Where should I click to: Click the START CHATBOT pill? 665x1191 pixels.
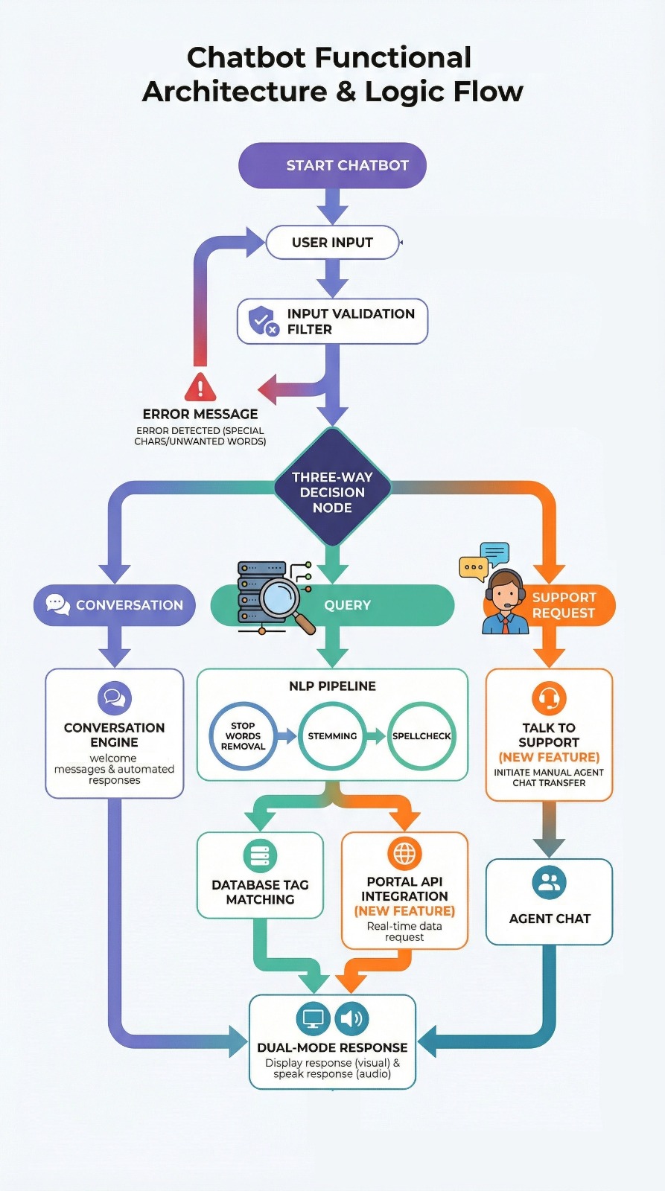pos(332,165)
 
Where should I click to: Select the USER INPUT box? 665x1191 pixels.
pos(332,243)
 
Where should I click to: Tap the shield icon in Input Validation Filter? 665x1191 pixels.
pos(261,320)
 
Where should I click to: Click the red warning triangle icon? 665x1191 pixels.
pos(200,387)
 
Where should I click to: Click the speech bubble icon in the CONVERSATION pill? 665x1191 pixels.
pos(57,604)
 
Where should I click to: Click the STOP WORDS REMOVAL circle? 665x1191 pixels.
pos(243,736)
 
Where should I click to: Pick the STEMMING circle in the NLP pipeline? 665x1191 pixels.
pos(332,736)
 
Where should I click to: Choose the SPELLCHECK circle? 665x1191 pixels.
pos(421,736)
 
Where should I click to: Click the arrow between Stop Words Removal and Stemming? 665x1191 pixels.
pos(287,736)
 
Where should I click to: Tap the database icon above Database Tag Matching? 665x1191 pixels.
pos(260,856)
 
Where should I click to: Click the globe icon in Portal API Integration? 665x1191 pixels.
pos(404,853)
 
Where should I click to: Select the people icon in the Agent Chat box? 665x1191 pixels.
pos(550,882)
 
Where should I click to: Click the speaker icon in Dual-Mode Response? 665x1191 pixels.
pos(351,1018)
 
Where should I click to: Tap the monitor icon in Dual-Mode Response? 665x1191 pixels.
pos(313,1018)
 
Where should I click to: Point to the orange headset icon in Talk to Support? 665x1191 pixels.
pos(549,698)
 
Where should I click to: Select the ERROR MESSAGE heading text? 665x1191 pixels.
pos(200,414)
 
